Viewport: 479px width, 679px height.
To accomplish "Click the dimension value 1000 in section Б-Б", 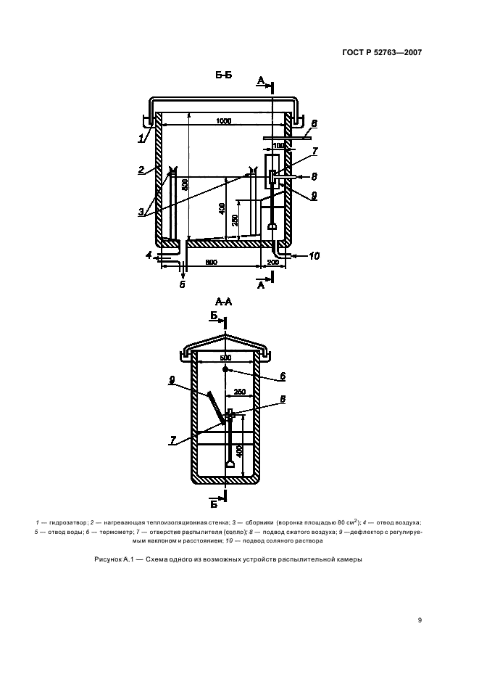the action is coord(223,121).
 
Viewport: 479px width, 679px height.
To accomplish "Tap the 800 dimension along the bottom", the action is coord(212,263).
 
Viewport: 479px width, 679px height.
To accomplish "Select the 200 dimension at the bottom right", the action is coord(273,263).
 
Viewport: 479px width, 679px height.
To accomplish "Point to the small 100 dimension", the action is coord(279,145).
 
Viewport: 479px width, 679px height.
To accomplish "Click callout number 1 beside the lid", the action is coord(141,139).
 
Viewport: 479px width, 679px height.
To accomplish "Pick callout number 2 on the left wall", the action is coord(141,170).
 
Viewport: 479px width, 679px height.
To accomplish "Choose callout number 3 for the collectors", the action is coord(141,212).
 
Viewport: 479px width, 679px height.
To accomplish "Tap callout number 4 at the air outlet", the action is coord(149,256).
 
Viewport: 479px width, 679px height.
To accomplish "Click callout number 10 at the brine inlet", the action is coord(315,256).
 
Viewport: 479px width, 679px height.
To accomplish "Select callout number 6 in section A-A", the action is coord(283,376).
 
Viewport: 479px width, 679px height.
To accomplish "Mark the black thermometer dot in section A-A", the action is coord(225,369).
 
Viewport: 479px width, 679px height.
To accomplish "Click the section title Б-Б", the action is coord(224,75).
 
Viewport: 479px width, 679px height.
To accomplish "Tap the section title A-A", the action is coord(224,302).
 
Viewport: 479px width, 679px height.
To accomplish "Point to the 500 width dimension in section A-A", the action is coord(225,358).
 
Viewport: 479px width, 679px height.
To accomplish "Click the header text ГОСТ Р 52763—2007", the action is coord(382,53).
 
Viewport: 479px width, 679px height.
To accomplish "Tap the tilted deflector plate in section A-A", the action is coord(217,408).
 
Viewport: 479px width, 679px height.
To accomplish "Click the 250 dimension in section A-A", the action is coord(239,392).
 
